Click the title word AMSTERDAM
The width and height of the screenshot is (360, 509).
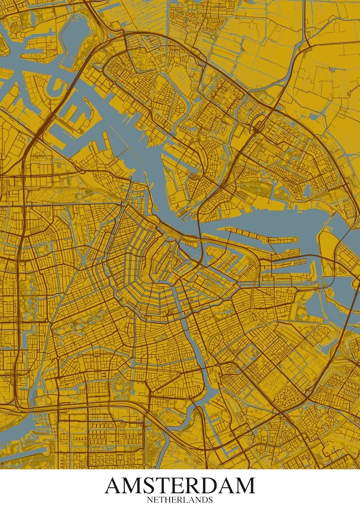coord(180,486)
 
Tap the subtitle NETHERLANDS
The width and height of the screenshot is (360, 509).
coord(180,500)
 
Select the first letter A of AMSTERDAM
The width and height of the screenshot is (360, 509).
coord(115,486)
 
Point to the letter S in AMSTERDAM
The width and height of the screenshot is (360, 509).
coord(155,486)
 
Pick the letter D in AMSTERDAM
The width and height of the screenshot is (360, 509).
coord(208,486)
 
